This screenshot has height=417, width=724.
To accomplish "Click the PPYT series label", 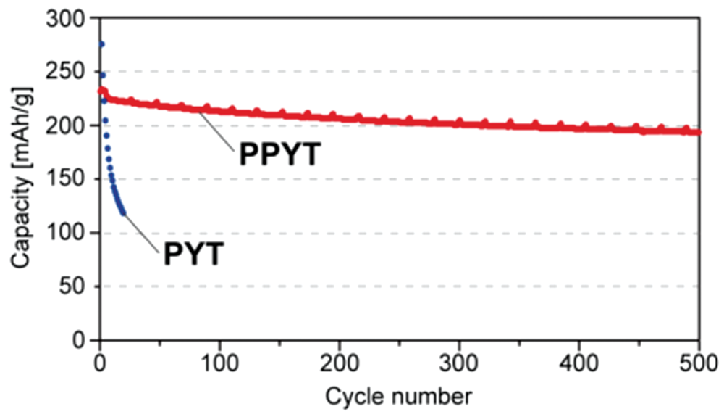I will pyautogui.click(x=278, y=154).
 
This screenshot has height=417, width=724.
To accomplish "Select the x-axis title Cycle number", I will pyautogui.click(x=399, y=397).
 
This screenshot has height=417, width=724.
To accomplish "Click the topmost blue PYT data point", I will pyautogui.click(x=101, y=44).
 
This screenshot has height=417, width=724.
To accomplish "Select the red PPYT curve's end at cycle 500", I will pyautogui.click(x=698, y=132).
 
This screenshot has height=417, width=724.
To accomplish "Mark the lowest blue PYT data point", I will pyautogui.click(x=123, y=213).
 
